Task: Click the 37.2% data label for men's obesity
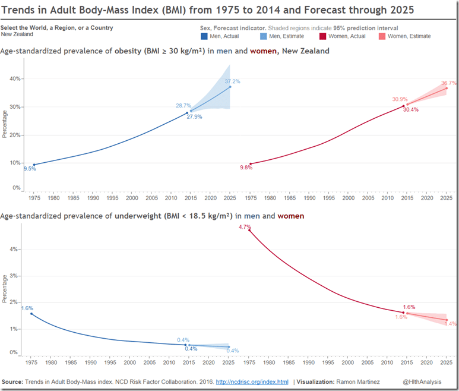[x=232, y=81]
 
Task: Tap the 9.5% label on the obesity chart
[x=30, y=169]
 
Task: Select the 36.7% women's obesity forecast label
[x=448, y=83]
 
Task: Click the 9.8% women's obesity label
[x=246, y=168]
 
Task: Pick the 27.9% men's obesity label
[x=194, y=117]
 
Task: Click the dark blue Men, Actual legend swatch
[x=205, y=36]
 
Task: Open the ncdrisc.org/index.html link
[x=252, y=381]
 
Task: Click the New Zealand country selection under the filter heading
[x=17, y=34]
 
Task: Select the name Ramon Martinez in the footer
[x=359, y=381]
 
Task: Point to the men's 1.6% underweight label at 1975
[x=27, y=308]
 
